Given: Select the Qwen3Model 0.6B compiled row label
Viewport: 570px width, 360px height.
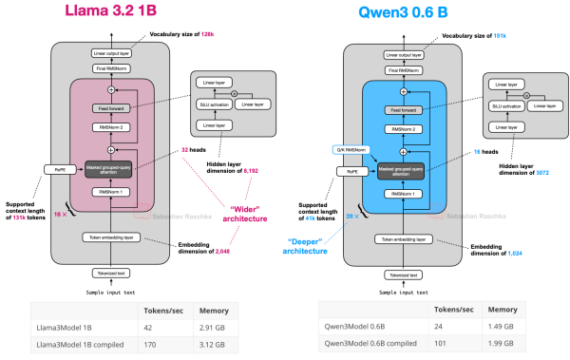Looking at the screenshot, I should pos(373,347).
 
